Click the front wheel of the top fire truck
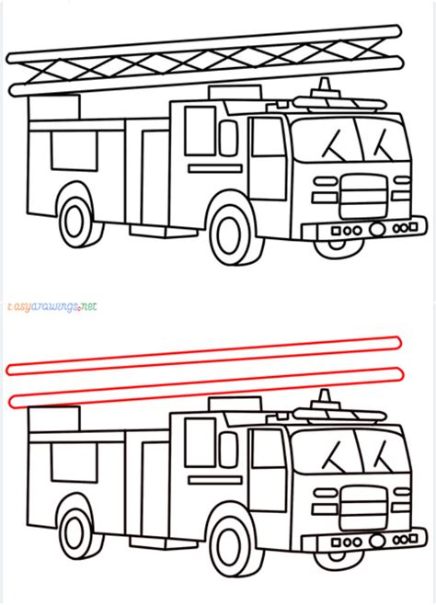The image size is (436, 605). tap(229, 232)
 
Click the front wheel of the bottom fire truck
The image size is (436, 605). tap(229, 542)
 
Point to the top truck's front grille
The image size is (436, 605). tap(364, 195)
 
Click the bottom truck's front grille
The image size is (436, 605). tap(364, 507)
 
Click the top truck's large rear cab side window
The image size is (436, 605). tap(200, 131)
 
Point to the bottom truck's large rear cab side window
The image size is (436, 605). tap(200, 441)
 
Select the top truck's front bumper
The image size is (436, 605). tap(373, 227)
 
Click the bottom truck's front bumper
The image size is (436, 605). tap(373, 538)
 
